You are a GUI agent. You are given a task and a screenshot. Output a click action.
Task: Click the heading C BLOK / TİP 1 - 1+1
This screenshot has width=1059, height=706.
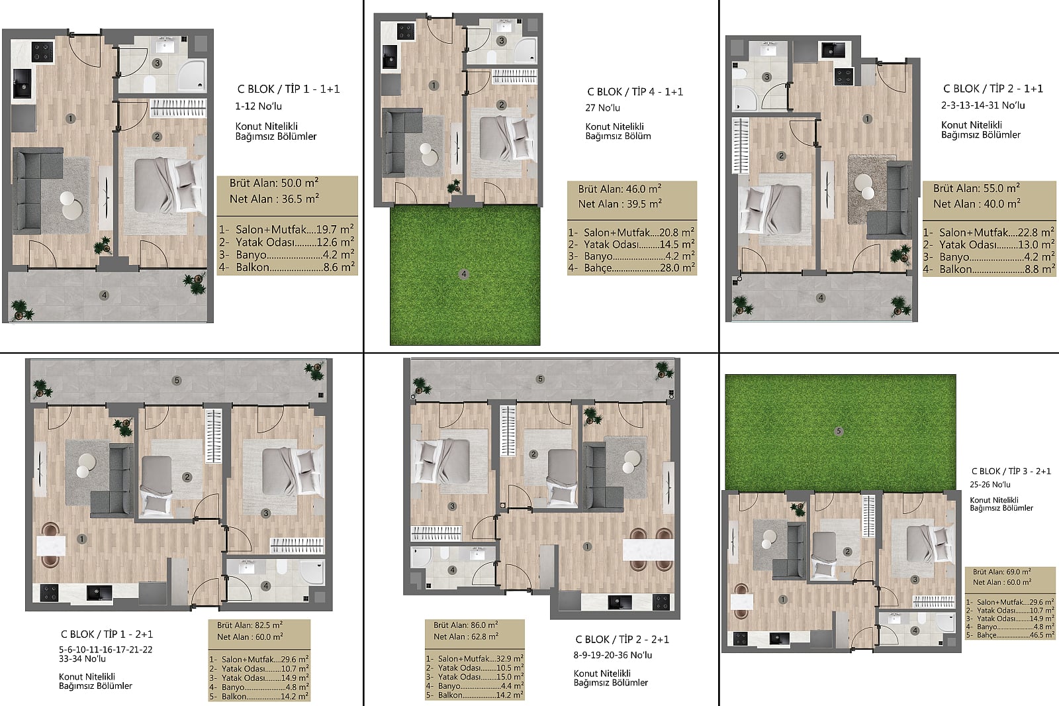point(289,89)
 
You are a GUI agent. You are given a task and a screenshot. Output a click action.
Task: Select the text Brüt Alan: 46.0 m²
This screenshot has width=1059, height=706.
point(620,189)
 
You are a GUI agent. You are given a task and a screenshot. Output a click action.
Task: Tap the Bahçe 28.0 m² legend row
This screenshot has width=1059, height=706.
point(631,268)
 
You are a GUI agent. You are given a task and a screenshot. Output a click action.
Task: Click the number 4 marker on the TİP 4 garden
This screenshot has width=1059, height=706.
point(464,274)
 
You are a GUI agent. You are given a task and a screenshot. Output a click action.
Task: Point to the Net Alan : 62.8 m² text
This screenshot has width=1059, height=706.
point(466,636)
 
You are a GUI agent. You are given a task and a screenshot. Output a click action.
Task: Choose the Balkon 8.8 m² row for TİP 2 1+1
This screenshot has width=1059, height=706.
point(989,270)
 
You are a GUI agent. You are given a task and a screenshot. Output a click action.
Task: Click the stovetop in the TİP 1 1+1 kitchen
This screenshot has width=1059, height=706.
point(42,52)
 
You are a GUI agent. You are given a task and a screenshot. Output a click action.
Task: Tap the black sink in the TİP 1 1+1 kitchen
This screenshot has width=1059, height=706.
point(22,83)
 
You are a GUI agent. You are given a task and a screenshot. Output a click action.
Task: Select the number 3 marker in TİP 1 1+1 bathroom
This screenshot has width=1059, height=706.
point(157,63)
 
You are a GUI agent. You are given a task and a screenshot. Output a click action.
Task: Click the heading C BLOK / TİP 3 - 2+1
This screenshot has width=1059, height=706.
point(1011,472)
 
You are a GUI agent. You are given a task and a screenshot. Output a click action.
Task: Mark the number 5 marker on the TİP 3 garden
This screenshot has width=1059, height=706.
point(839,431)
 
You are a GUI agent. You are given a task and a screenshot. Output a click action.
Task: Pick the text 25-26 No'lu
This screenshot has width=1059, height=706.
point(990,485)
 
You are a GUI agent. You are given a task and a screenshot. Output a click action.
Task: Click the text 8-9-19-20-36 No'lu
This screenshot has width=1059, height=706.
point(613,655)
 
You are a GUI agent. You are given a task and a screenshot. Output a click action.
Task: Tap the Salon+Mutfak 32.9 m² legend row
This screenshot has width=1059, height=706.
point(475,659)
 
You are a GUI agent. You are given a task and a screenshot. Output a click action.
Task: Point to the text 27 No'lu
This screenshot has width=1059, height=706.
point(602,108)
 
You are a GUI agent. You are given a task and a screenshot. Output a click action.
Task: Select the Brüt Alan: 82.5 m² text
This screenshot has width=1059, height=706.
point(250,625)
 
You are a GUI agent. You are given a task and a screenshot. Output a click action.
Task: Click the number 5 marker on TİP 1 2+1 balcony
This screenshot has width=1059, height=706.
point(177,380)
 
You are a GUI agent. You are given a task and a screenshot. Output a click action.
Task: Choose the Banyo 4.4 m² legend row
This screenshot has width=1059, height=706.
point(475,686)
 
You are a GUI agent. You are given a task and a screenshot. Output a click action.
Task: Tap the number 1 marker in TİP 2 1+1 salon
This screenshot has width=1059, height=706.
point(867,119)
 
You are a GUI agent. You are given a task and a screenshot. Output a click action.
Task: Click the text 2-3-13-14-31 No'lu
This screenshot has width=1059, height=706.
point(983,105)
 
